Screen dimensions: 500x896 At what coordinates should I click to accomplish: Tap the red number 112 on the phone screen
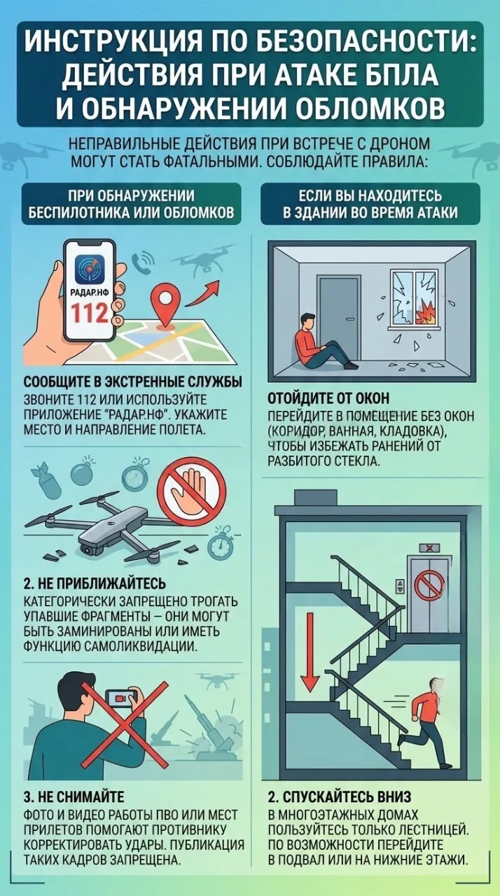90,312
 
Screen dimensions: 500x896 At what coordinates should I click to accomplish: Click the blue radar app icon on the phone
90,269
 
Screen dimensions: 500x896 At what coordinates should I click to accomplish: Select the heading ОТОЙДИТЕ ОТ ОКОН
328,398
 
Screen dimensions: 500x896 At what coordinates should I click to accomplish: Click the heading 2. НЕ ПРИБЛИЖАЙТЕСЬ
95,584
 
